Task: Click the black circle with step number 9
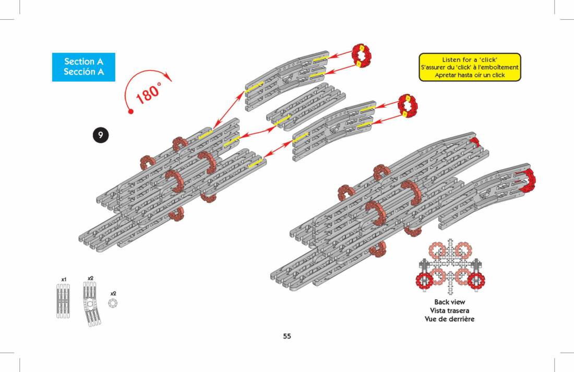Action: [101, 135]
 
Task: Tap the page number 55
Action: [287, 336]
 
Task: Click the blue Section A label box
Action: [83, 67]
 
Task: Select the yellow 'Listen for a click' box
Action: [470, 67]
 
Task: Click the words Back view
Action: [449, 302]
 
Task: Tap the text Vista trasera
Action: [449, 310]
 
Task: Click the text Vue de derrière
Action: [449, 319]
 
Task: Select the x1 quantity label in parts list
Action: [64, 280]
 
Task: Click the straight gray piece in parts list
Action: [63, 301]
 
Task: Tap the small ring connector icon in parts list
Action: [113, 303]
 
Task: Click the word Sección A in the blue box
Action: [83, 72]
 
